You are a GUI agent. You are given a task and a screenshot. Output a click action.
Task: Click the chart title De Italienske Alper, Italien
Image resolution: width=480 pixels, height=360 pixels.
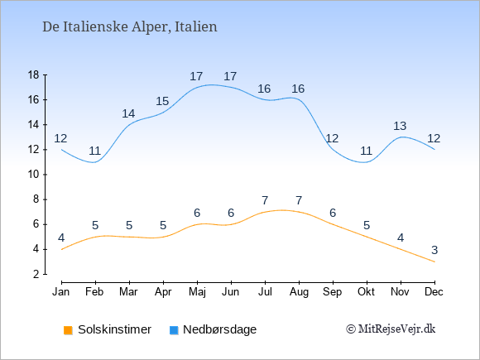(130, 26)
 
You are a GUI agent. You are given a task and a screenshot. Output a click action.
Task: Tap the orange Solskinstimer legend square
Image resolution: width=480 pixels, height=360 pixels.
(68, 330)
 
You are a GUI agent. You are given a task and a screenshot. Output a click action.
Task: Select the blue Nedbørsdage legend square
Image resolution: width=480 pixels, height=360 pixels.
(174, 330)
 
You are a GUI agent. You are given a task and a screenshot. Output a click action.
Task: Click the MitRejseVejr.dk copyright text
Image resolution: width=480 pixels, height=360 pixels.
(391, 329)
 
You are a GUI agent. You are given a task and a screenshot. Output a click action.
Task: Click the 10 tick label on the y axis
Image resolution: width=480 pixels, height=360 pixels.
(33, 175)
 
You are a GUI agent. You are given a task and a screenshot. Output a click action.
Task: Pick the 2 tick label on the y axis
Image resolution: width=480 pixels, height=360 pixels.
(36, 274)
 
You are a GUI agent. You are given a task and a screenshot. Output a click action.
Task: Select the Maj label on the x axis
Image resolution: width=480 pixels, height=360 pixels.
(197, 292)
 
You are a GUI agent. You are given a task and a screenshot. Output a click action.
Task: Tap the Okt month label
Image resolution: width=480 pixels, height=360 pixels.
(367, 292)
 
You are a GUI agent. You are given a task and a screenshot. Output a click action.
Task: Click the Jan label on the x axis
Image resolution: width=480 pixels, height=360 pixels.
(61, 292)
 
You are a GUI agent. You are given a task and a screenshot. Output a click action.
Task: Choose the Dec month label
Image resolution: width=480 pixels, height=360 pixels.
(434, 292)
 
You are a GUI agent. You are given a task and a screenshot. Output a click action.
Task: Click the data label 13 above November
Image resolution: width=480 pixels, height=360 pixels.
(400, 126)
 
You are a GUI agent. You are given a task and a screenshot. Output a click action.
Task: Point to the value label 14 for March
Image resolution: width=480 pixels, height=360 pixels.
(128, 114)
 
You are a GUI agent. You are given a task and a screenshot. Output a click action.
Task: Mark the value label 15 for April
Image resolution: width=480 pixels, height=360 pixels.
(162, 101)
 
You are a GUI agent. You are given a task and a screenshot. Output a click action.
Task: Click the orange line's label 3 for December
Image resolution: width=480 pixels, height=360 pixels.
(434, 251)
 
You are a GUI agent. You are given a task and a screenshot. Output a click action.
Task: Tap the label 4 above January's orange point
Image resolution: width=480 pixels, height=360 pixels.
(61, 238)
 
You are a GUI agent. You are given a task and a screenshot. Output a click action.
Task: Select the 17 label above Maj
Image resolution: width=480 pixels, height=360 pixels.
(196, 76)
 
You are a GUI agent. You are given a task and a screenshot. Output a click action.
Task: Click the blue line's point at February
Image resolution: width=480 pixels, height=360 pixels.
(95, 162)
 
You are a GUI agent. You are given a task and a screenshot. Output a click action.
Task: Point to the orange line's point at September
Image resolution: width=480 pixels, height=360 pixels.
(333, 224)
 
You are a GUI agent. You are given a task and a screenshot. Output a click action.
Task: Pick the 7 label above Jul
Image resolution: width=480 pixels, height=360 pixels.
(265, 200)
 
